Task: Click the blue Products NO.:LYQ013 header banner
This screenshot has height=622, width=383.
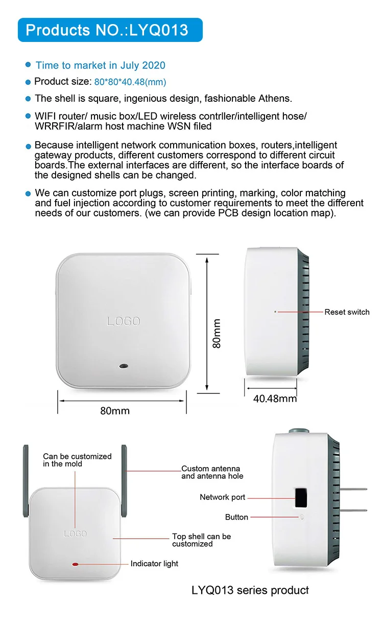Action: point(110,30)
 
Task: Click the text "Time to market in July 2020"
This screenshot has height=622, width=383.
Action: point(100,65)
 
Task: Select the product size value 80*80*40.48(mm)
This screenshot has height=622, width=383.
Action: point(130,82)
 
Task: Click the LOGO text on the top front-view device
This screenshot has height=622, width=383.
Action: point(123,321)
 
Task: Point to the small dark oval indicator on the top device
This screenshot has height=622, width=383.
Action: point(123,366)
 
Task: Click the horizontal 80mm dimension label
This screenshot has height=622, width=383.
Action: point(115,411)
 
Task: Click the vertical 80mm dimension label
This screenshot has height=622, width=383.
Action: point(217,334)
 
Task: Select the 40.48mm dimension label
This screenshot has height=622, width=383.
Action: point(275,398)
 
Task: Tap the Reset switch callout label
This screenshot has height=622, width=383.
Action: point(347,312)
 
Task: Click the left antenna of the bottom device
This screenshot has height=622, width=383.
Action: point(26,481)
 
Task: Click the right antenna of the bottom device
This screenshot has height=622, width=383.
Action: point(124,481)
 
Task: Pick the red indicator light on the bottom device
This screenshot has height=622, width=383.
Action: point(76,564)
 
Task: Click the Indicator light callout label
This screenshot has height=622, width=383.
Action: point(154,564)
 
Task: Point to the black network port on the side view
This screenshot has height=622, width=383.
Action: point(301,497)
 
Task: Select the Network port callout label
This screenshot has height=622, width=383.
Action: point(222,497)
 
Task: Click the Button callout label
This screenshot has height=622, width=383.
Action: point(236,517)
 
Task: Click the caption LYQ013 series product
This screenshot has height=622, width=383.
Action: point(250,590)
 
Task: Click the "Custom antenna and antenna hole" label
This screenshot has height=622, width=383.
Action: point(212,472)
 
